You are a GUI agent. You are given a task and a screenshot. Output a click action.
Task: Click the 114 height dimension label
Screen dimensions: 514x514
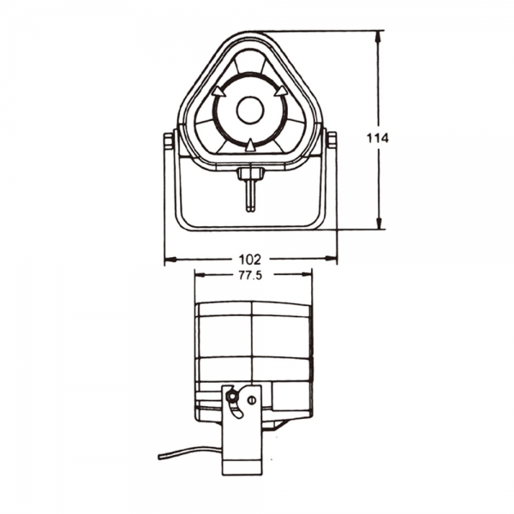[x=377, y=138]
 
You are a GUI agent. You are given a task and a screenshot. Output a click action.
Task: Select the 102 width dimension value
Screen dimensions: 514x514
[x=250, y=257]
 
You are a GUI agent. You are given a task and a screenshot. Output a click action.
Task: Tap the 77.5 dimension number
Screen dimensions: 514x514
[x=250, y=276]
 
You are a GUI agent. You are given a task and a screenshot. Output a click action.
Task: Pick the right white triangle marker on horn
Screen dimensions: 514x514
[x=282, y=89]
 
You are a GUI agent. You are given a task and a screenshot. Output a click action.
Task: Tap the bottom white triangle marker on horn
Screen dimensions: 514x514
[x=249, y=146]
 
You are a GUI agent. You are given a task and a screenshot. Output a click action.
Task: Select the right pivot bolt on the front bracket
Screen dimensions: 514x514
[x=330, y=140]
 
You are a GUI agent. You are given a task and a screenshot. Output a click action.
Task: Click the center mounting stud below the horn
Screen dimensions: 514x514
[x=249, y=184]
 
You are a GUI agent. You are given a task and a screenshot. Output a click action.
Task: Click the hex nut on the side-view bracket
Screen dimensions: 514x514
[x=231, y=396]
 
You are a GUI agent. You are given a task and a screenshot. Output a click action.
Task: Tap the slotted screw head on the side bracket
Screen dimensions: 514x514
[x=251, y=399]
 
